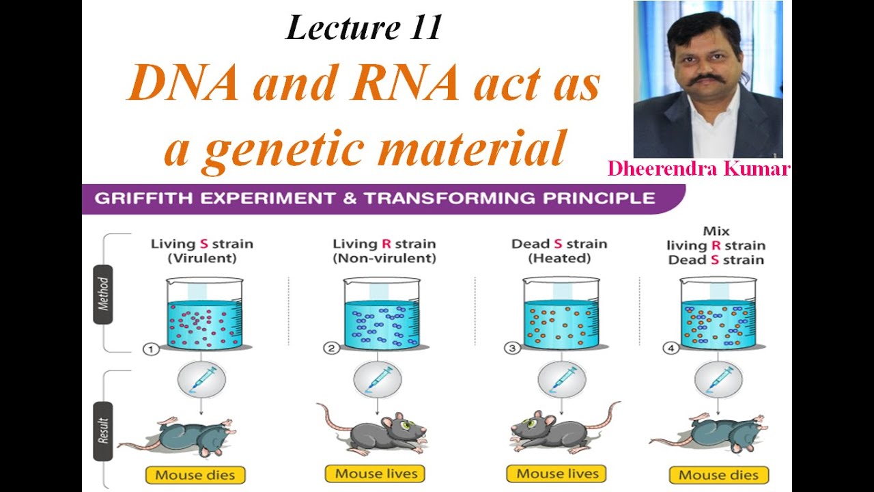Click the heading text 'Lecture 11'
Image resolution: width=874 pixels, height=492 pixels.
pos(363,28)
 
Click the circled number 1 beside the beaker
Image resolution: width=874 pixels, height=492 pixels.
pos(150,349)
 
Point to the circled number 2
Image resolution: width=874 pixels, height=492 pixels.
pos(332,349)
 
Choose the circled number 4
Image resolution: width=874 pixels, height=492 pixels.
pos(671,349)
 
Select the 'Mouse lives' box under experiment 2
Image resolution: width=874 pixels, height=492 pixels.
pos(376,474)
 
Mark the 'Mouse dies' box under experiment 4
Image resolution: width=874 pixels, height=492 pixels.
pos(718,474)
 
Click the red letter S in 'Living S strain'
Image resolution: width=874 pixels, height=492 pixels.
pos(203,244)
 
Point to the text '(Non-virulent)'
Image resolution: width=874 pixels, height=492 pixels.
pos(384,259)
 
